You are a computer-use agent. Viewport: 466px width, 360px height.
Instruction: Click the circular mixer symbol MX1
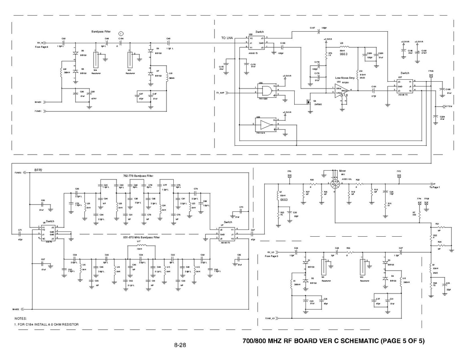click(335, 184)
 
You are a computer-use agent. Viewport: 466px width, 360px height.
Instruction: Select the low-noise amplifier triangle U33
click(341, 91)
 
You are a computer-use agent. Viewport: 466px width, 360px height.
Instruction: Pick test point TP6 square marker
click(289, 175)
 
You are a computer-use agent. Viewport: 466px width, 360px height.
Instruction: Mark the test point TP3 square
click(399, 175)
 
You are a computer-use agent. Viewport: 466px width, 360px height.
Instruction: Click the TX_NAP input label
click(219, 93)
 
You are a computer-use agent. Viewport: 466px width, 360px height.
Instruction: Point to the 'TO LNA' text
click(227, 38)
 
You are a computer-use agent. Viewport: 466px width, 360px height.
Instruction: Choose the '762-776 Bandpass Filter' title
click(138, 176)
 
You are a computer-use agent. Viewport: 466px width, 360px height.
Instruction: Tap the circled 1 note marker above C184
click(121, 32)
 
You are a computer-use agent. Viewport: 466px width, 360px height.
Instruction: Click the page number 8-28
click(180, 345)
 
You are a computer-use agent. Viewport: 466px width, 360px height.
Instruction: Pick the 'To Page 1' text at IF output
click(434, 187)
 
